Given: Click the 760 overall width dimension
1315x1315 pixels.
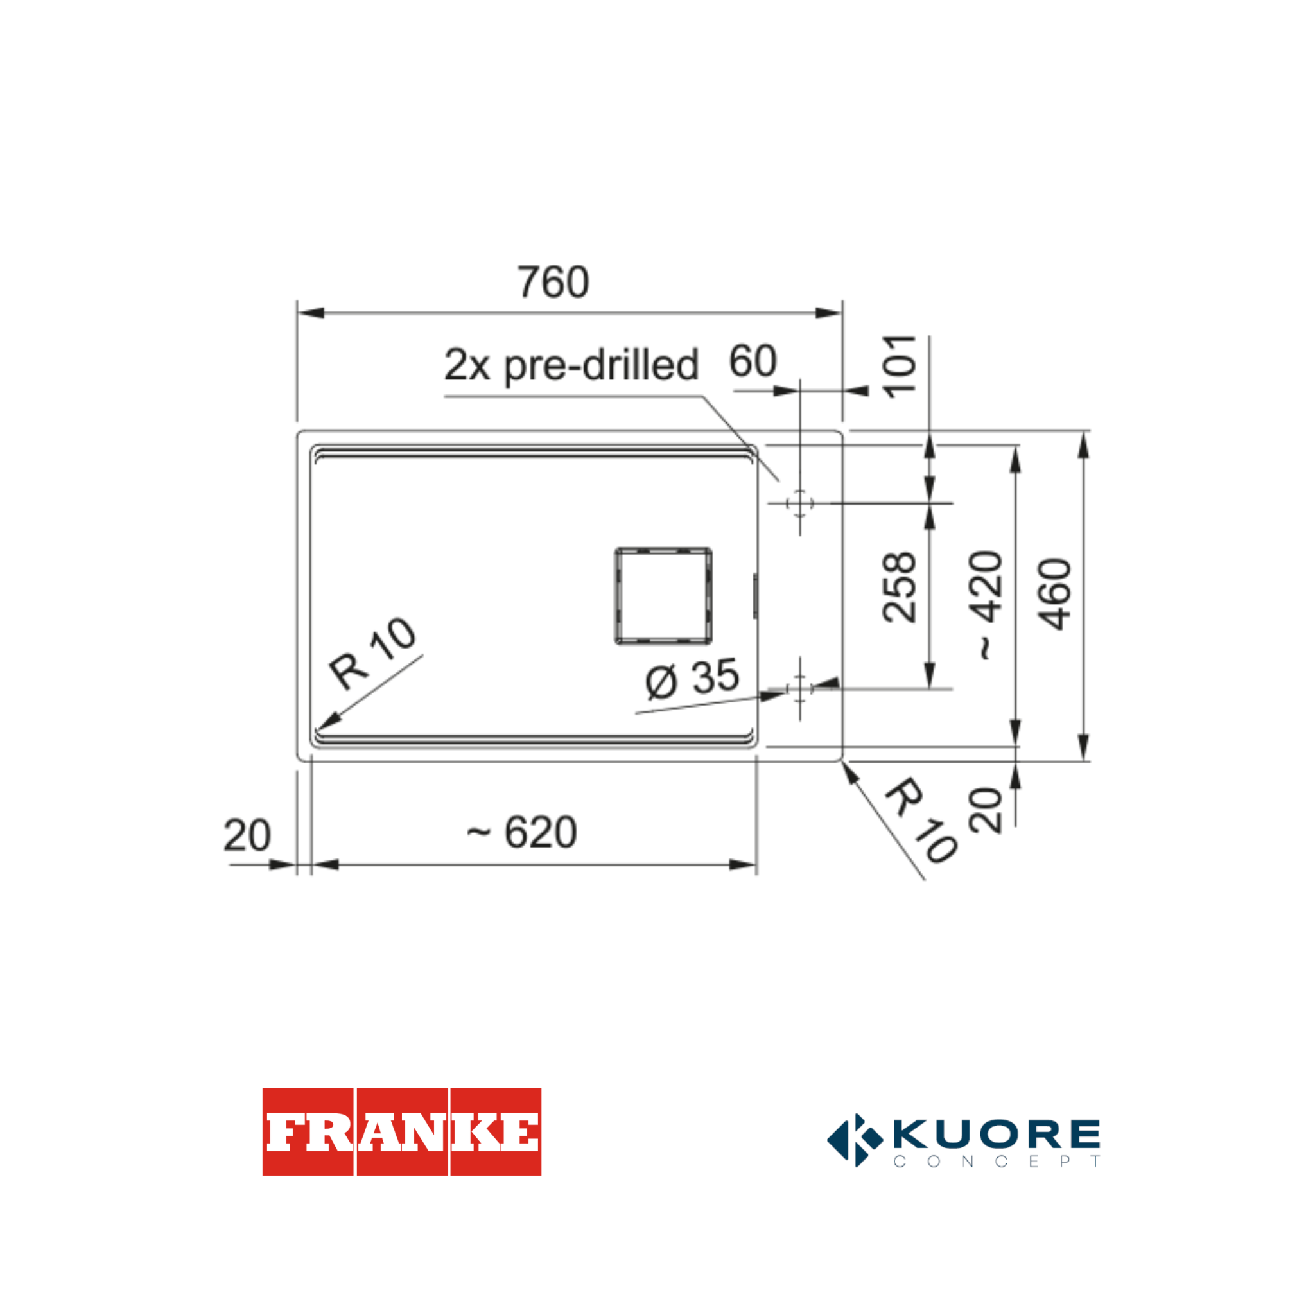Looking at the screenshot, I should coord(553,282).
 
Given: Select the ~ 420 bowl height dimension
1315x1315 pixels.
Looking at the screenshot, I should coord(986,604).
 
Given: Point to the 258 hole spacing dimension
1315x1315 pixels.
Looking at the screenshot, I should coord(898,588).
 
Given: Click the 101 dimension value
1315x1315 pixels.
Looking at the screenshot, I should coord(898,366).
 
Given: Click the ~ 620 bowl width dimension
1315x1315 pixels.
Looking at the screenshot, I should coord(522,832).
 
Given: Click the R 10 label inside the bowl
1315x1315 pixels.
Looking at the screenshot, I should coord(372,653).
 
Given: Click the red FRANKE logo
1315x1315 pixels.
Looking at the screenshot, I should coord(401,1131).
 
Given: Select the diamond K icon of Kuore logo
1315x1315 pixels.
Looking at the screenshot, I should coord(855,1140).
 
